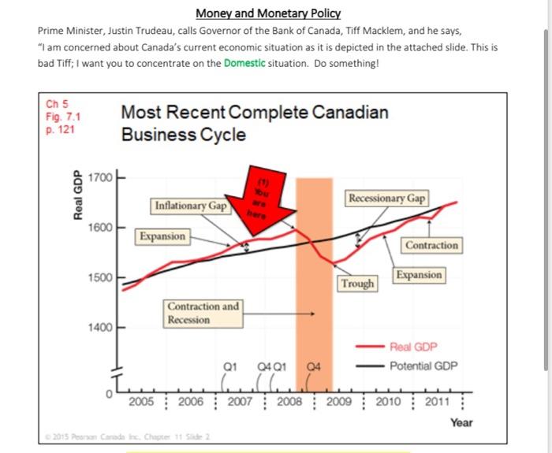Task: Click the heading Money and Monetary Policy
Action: pyautogui.click(x=268, y=13)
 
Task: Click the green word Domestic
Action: pyautogui.click(x=244, y=62)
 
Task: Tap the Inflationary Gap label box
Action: pyautogui.click(x=190, y=206)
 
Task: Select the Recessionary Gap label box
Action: pyautogui.click(x=386, y=199)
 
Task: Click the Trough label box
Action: pyautogui.click(x=357, y=283)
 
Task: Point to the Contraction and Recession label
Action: pyautogui.click(x=202, y=313)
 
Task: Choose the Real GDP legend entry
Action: pyautogui.click(x=412, y=347)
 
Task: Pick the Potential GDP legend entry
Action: pyautogui.click(x=422, y=366)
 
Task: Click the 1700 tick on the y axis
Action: pyautogui.click(x=102, y=176)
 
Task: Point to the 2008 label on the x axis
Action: pyautogui.click(x=291, y=401)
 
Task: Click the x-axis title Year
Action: pyautogui.click(x=461, y=422)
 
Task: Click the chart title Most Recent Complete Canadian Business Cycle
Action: pyautogui.click(x=254, y=123)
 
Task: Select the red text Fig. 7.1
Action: pyautogui.click(x=62, y=117)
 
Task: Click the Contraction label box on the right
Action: pyautogui.click(x=431, y=245)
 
